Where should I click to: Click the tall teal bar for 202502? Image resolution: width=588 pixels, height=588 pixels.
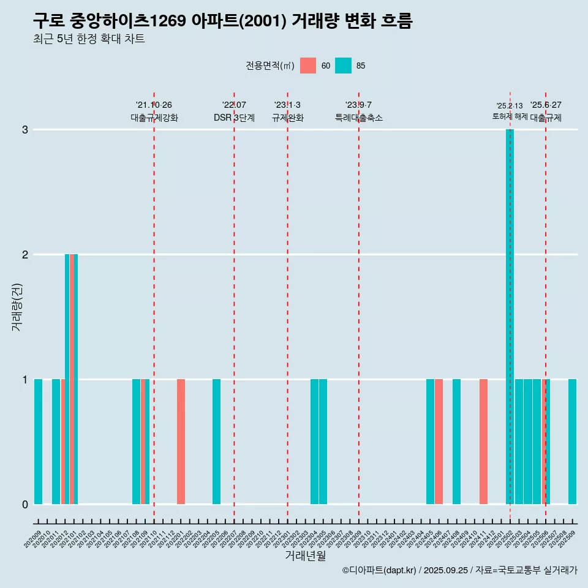(x=510, y=316)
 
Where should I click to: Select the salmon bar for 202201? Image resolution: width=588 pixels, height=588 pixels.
(x=181, y=441)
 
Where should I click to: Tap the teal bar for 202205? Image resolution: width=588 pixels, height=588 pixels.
(x=216, y=441)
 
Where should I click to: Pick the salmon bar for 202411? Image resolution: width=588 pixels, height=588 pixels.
(x=483, y=441)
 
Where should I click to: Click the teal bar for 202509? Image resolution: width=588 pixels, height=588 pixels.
(x=572, y=441)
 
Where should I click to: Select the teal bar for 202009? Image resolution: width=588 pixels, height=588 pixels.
(x=38, y=441)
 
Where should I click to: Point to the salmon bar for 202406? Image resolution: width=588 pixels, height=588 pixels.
(x=439, y=441)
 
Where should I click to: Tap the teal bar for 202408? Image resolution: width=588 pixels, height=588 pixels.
(x=456, y=441)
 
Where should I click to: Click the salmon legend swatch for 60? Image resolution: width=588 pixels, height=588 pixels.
(x=308, y=66)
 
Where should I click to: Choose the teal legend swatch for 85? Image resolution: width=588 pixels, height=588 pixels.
(x=344, y=66)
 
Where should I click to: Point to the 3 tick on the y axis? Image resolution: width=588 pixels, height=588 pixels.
(x=24, y=130)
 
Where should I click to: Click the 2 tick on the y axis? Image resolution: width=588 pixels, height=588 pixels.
(x=24, y=255)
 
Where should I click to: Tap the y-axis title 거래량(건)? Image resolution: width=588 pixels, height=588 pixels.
(x=17, y=306)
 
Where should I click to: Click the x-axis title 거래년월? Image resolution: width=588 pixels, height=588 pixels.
(x=305, y=556)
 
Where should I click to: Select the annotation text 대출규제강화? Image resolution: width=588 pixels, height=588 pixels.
(x=154, y=118)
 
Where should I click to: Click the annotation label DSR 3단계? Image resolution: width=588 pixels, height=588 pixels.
(x=234, y=118)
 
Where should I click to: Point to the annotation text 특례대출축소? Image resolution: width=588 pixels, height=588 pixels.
(x=358, y=118)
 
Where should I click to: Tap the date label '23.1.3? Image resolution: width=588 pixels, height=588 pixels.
(x=287, y=105)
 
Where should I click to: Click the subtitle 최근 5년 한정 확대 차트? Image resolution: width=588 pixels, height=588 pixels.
(x=89, y=39)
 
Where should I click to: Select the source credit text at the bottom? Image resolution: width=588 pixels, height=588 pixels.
(x=459, y=570)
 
